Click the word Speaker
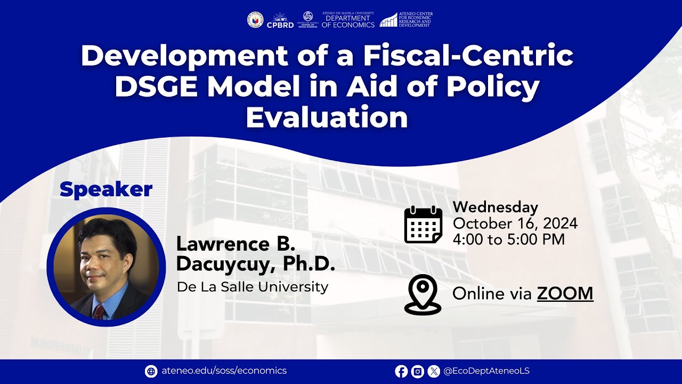pyautogui.click(x=106, y=189)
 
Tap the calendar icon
pyautogui.click(x=423, y=225)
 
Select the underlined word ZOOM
pyautogui.click(x=565, y=293)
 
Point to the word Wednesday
pyautogui.click(x=495, y=207)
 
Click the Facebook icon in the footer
pyautogui.click(x=401, y=371)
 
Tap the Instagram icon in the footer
pyautogui.click(x=418, y=371)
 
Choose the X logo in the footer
pyautogui.click(x=434, y=371)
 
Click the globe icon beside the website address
pyautogui.click(x=151, y=371)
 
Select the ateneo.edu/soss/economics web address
pyautogui.click(x=224, y=371)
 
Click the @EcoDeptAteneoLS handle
pyautogui.click(x=486, y=371)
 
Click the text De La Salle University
pyautogui.click(x=253, y=287)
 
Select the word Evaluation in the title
pyautogui.click(x=327, y=118)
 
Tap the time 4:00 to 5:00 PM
pyautogui.click(x=508, y=239)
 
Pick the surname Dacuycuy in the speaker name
pyautogui.click(x=225, y=264)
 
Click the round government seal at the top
pyautogui.click(x=255, y=20)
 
